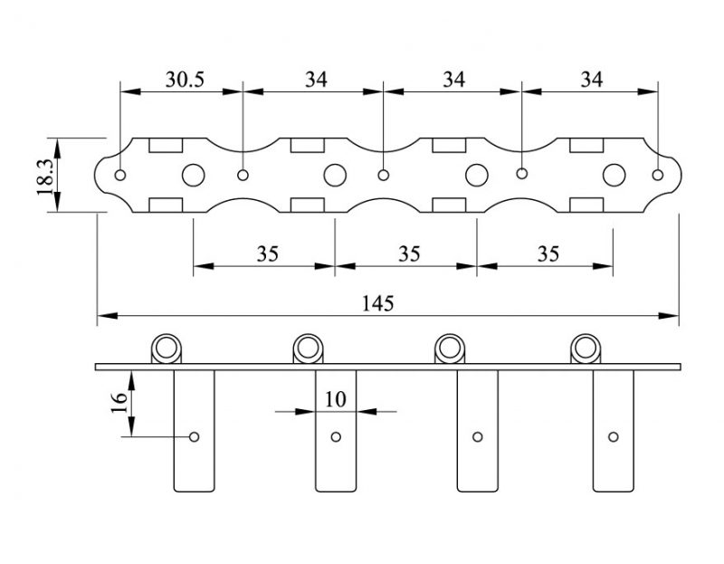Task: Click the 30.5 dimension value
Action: tap(185, 80)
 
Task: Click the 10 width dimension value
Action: tap(336, 397)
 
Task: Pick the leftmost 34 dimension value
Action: tap(315, 80)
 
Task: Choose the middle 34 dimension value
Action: tap(453, 80)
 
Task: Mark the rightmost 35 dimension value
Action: tap(548, 253)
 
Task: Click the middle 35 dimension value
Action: tap(409, 253)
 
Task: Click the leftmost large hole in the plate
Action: tap(194, 175)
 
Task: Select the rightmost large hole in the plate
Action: tap(615, 175)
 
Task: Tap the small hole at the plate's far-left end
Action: tap(121, 174)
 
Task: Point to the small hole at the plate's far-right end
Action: tap(658, 174)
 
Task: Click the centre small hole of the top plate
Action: tap(384, 174)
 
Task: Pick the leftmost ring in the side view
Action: tap(167, 348)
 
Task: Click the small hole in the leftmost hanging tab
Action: tap(194, 437)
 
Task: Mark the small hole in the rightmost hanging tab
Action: tap(614, 437)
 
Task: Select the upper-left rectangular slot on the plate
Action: tap(167, 145)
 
